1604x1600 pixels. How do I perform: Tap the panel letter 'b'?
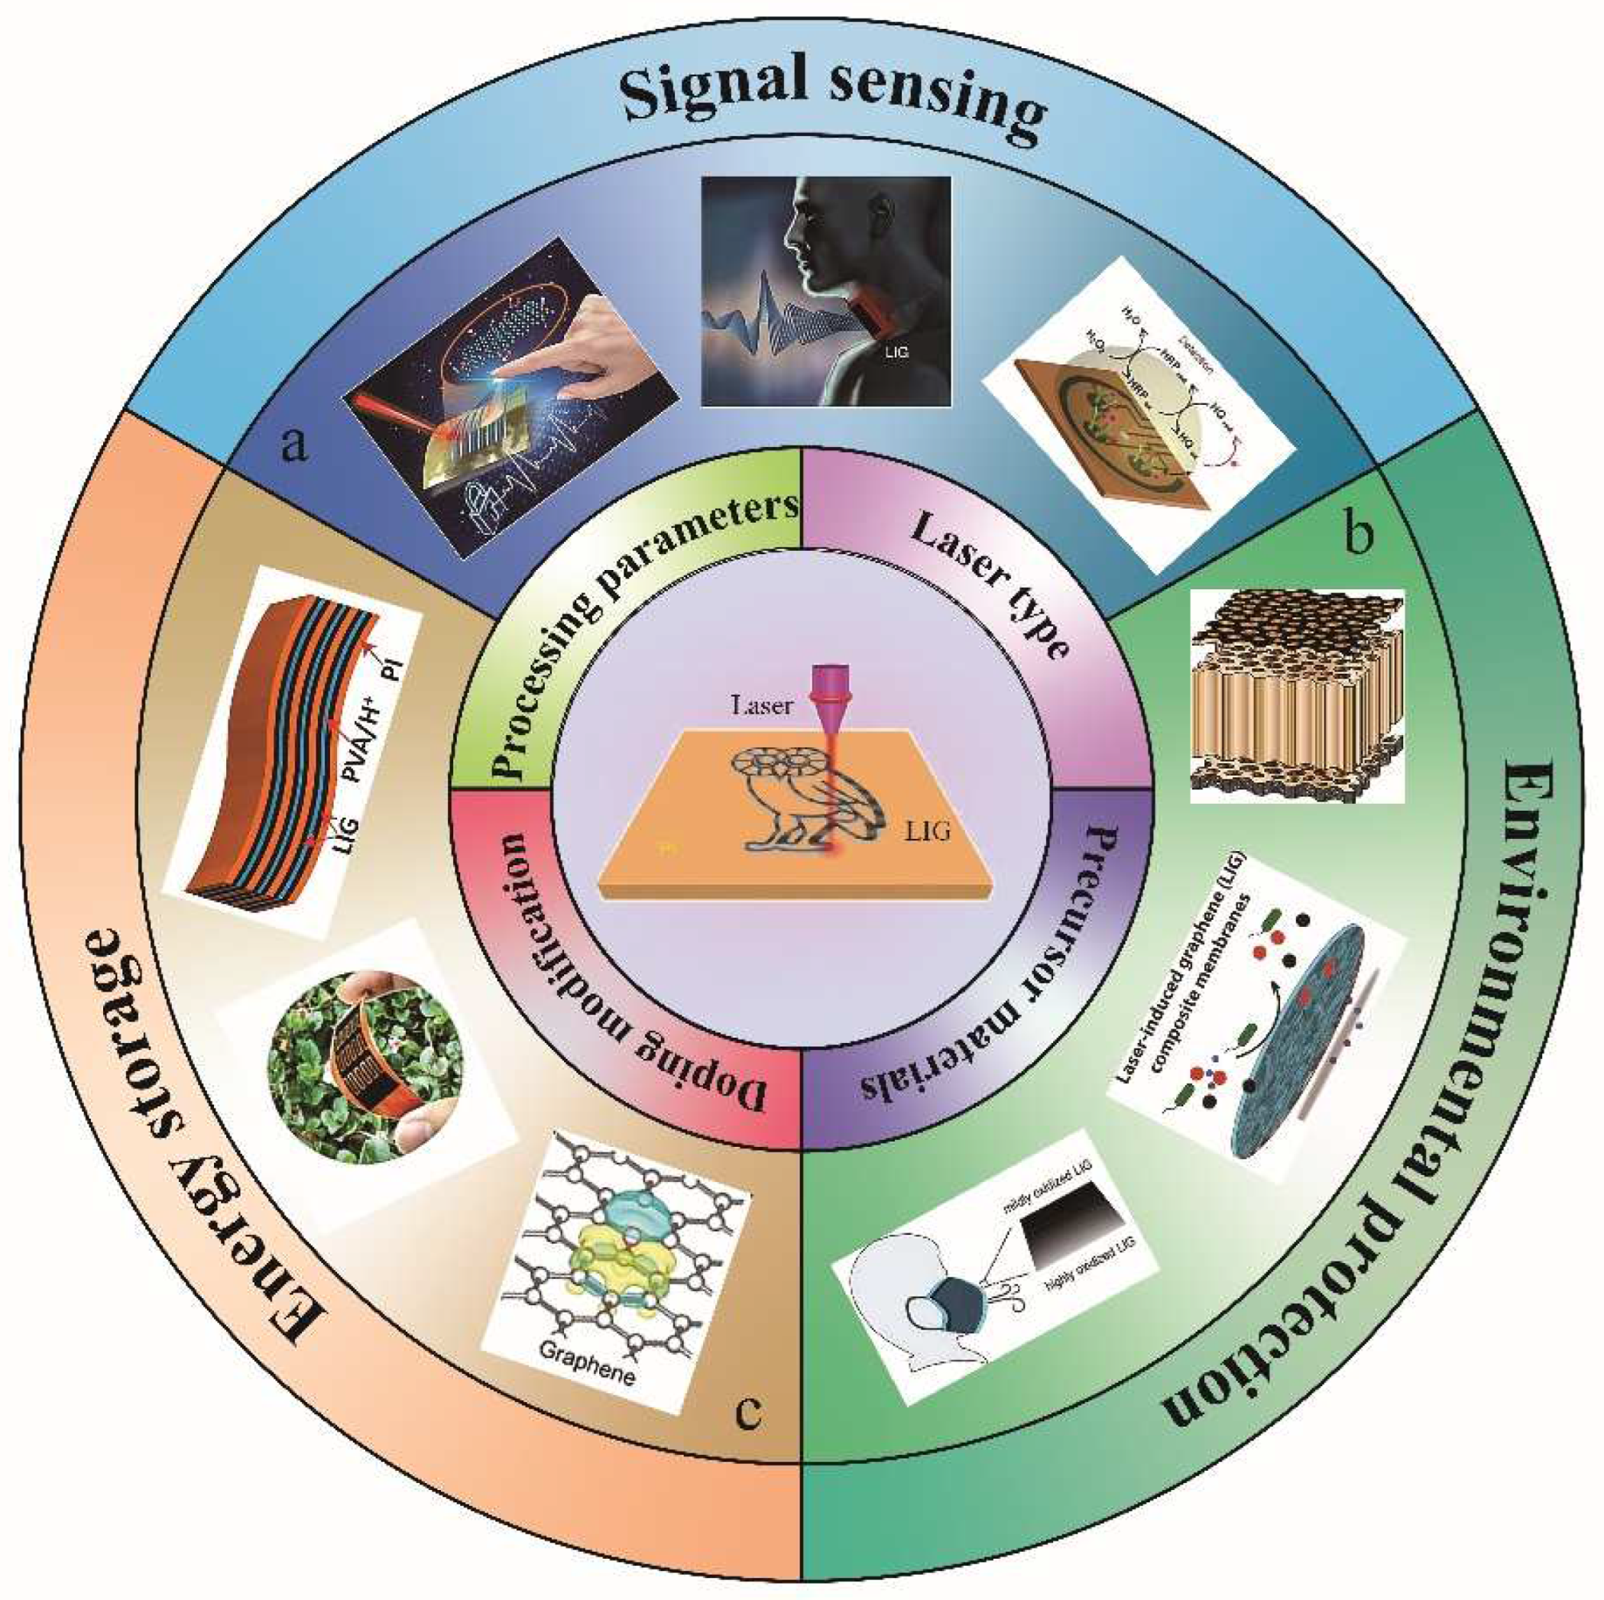coord(1356,536)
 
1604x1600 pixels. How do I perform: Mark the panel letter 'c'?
coord(748,1411)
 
